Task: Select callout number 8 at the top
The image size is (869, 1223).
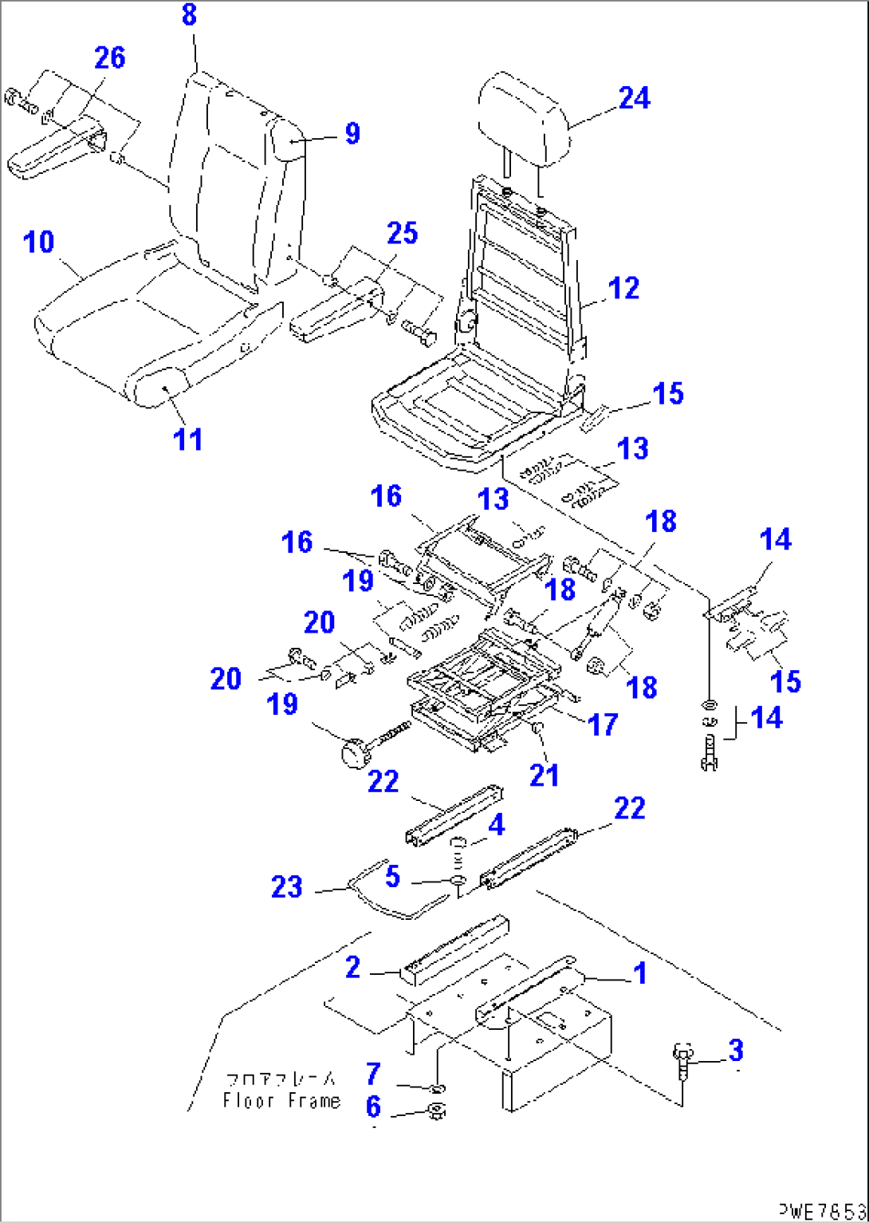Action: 189,14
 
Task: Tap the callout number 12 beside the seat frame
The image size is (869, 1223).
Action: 623,288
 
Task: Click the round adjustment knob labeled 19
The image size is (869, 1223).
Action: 353,752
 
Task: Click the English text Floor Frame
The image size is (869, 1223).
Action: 281,1101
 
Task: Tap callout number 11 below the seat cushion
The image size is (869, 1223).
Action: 188,439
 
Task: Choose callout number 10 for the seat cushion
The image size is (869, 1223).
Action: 38,241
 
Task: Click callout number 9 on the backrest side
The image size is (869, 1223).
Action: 352,132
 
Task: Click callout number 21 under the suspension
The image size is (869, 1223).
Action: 545,775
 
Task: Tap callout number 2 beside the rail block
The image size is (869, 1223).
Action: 352,968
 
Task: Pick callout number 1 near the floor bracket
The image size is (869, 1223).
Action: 639,973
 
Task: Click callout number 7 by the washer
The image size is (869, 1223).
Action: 373,1073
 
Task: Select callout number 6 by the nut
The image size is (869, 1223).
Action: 373,1106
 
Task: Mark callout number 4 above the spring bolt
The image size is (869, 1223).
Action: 496,825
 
